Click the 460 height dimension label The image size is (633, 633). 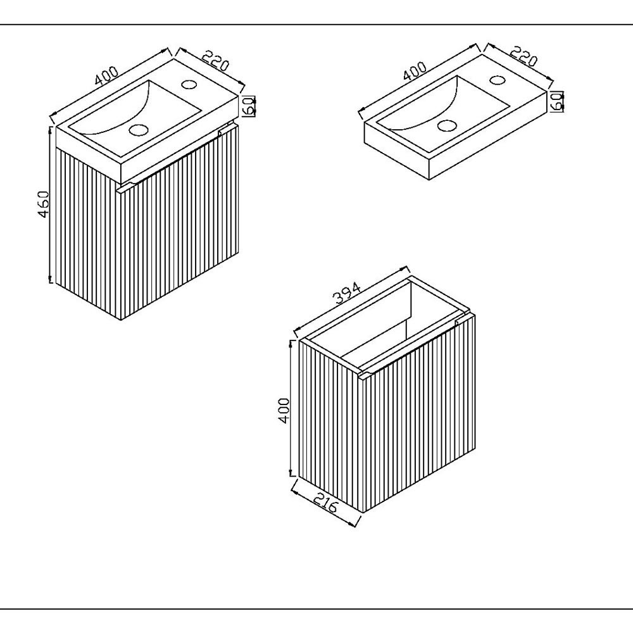pos(43,204)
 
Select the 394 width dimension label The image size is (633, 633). pos(346,292)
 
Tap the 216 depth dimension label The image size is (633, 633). pos(325,501)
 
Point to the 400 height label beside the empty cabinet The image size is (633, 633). pos(284,411)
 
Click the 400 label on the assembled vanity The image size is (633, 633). pos(107,75)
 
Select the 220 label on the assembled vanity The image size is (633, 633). pos(215,60)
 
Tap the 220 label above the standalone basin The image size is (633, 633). pos(523,56)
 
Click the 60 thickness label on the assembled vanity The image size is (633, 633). pos(249,106)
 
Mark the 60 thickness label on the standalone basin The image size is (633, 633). pos(558,101)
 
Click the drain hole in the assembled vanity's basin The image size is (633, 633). pos(139,130)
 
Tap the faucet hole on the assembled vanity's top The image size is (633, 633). pos(189,84)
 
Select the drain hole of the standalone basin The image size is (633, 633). pos(446,125)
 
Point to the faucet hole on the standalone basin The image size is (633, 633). pos(498,80)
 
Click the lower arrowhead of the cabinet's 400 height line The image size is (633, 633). pos(291,473)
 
